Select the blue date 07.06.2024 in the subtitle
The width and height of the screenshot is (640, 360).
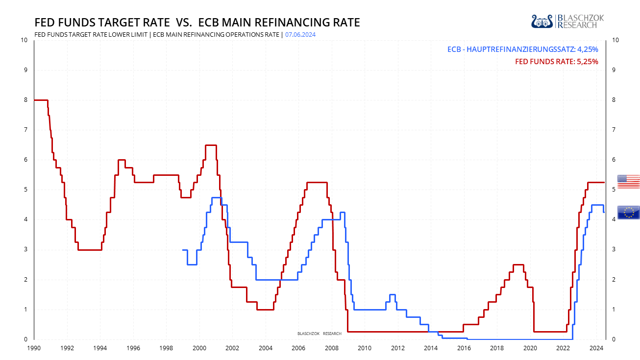pyautogui.click(x=301, y=35)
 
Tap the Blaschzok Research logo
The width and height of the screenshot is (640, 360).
pyautogui.click(x=567, y=21)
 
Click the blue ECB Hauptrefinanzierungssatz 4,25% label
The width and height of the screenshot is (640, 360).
pyautogui.click(x=522, y=49)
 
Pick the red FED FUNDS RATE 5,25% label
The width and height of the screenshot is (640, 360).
pyautogui.click(x=556, y=62)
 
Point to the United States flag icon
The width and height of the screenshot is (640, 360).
pyautogui.click(x=628, y=181)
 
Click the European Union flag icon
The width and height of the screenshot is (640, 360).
pyautogui.click(x=628, y=212)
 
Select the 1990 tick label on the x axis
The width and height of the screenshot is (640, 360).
pyautogui.click(x=34, y=348)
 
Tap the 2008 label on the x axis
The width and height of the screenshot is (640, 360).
pyautogui.click(x=332, y=348)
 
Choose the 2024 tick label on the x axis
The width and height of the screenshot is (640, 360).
pyautogui.click(x=596, y=348)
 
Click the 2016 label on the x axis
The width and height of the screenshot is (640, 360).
pyautogui.click(x=464, y=348)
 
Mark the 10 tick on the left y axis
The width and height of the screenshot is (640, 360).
pyautogui.click(x=24, y=40)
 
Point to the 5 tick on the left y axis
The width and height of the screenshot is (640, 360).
pyautogui.click(x=25, y=190)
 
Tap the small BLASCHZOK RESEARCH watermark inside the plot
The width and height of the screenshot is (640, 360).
pyautogui.click(x=319, y=334)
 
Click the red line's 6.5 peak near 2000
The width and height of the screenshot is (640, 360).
pyautogui.click(x=211, y=145)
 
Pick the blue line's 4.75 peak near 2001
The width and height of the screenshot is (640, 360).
pyautogui.click(x=216, y=197)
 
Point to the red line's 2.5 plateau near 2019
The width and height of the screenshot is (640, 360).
pyautogui.click(x=518, y=264)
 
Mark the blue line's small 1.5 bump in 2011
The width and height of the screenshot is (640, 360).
pyautogui.click(x=392, y=294)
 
